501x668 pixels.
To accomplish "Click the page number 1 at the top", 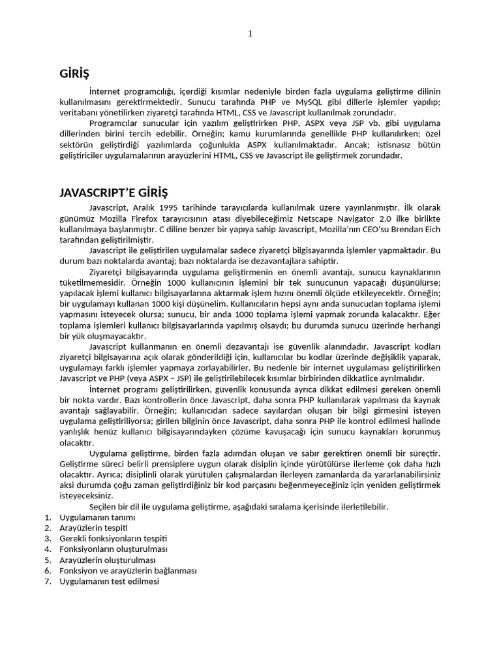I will pos(250,35).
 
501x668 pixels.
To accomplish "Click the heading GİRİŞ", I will pos(74,74).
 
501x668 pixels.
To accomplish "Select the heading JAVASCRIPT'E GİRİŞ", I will pos(114,193).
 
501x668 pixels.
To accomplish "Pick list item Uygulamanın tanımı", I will pos(97,517).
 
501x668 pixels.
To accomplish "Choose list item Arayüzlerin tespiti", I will pos(93,528).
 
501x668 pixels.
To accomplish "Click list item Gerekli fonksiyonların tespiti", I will pos(114,538).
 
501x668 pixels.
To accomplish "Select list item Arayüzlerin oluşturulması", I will pos(107,560).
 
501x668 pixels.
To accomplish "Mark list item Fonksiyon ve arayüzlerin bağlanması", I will pos(127,570).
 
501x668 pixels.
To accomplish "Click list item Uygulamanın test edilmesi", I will pos(109,581).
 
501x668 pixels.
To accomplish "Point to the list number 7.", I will pos(47,581).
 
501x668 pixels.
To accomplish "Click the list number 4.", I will pos(47,549).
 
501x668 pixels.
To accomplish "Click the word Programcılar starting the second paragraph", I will pos(113,123).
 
